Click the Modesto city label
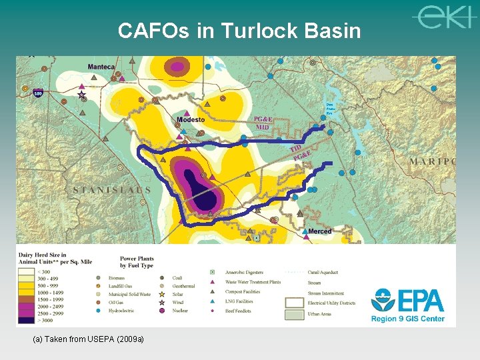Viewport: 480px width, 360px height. (x=191, y=120)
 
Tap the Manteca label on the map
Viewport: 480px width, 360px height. (x=101, y=67)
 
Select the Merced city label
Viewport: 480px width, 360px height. (x=320, y=231)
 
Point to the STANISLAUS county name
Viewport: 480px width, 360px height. (x=113, y=190)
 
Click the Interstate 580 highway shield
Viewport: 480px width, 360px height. (x=39, y=93)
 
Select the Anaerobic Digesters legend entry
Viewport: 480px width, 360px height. (x=244, y=273)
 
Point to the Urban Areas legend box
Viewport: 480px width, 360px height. (x=294, y=314)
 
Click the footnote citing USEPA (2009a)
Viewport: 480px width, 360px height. (x=88, y=339)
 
